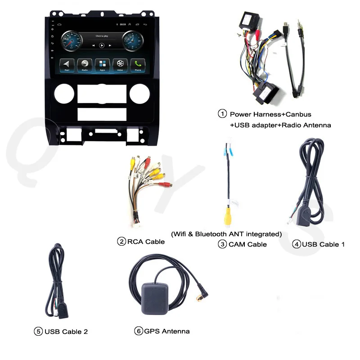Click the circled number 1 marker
point(222,114)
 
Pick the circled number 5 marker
point(38,332)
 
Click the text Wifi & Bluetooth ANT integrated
point(226,234)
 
